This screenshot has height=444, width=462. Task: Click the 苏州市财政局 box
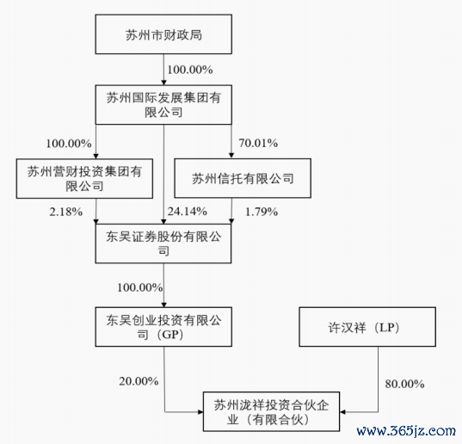pos(163,34)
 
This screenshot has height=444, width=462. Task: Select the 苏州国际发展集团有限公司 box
pos(163,105)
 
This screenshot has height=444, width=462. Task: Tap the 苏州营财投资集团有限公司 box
pos(84,178)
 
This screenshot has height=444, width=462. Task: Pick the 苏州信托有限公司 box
pos(243,178)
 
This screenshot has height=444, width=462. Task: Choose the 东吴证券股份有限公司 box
pos(163,244)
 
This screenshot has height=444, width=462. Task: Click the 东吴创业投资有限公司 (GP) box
pos(163,327)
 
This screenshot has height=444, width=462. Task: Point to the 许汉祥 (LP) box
pos(367,327)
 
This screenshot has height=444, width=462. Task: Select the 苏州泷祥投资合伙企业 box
pos(271,411)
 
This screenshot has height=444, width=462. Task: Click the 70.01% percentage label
pos(258,143)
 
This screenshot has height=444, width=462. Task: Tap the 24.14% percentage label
pos(188,212)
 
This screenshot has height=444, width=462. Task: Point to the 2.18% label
pos(66,212)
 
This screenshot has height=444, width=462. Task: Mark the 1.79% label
pos(262,212)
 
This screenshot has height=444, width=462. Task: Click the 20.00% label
pos(139,381)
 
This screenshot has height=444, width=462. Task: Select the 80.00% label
pos(405,384)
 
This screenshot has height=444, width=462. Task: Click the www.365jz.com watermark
pos(406,431)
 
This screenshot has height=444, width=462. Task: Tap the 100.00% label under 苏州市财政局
pos(190,70)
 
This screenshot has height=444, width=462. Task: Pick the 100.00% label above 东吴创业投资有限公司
pos(140,287)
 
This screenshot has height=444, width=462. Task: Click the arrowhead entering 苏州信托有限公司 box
pos(231,156)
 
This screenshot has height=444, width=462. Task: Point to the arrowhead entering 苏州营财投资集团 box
pos(95,156)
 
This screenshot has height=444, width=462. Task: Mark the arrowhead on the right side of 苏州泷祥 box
pos(342,412)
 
